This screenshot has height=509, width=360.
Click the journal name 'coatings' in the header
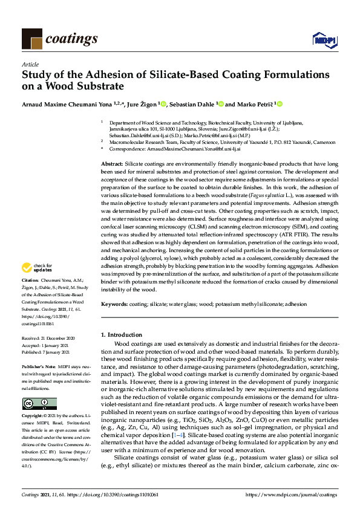coord(74,38)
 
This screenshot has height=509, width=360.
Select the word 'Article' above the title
coord(30,63)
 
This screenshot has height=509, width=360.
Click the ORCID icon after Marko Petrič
coord(280,104)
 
